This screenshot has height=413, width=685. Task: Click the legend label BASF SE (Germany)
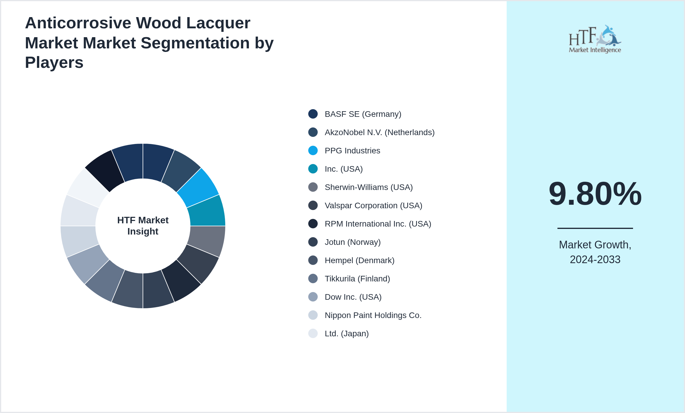(363, 114)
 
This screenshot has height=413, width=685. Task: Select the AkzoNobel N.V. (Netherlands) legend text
(379, 132)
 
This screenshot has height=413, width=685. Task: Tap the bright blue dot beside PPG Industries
(313, 150)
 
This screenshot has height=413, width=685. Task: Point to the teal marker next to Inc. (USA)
(313, 169)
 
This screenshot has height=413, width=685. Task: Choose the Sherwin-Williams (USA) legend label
(368, 187)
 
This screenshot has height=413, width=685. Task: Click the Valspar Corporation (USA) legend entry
(373, 206)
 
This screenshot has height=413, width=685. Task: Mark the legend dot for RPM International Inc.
(313, 224)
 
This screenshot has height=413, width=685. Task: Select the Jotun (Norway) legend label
(353, 242)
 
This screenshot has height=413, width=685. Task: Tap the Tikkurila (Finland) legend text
(357, 279)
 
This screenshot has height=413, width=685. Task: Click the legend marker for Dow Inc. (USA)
(313, 297)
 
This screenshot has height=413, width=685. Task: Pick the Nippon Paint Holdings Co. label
(373, 315)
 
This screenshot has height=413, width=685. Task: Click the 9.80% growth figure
(595, 194)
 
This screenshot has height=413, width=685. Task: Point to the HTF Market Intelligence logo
(595, 39)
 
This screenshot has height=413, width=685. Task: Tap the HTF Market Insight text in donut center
(143, 226)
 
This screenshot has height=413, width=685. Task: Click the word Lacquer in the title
(218, 23)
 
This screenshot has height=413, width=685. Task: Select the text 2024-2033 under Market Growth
(595, 260)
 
